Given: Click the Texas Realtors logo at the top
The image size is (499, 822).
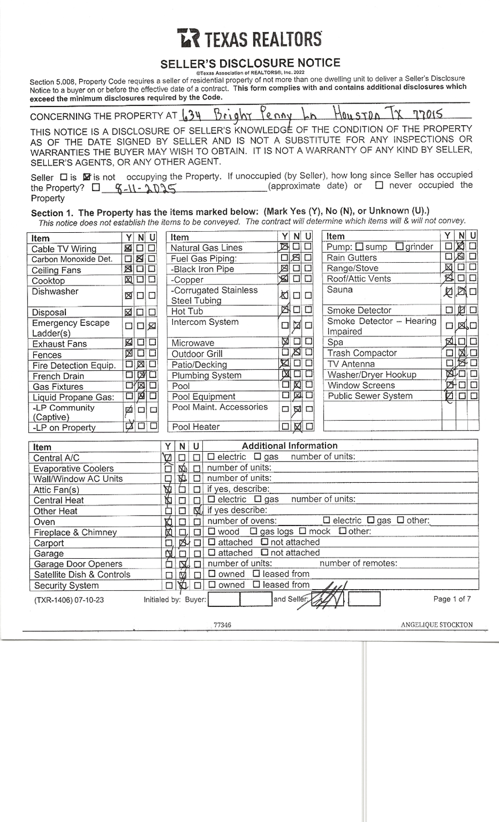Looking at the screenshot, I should [249, 38].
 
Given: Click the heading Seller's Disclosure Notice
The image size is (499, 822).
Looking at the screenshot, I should [250, 63].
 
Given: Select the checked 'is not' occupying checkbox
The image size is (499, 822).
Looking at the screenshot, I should [86, 177].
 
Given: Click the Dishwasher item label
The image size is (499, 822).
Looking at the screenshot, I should [55, 292].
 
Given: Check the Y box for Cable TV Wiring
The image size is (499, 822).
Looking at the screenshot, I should [129, 248].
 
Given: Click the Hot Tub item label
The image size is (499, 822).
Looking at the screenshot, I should [187, 312].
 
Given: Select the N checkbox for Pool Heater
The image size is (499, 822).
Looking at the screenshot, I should [297, 427].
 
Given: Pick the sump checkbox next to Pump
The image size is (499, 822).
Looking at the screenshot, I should [359, 247].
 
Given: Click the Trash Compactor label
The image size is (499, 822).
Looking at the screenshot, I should [362, 353].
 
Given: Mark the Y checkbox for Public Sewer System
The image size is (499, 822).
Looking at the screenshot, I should [449, 396].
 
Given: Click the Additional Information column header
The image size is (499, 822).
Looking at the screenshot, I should [289, 446].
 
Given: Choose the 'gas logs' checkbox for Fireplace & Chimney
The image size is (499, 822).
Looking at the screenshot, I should [254, 532].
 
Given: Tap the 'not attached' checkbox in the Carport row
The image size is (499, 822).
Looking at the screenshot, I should [264, 542].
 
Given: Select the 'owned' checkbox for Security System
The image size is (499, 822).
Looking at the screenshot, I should [212, 585].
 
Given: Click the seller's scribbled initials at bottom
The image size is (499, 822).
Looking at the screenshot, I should [329, 598].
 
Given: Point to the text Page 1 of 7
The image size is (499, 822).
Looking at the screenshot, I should [452, 599].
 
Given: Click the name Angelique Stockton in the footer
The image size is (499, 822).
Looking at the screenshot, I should [436, 625].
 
